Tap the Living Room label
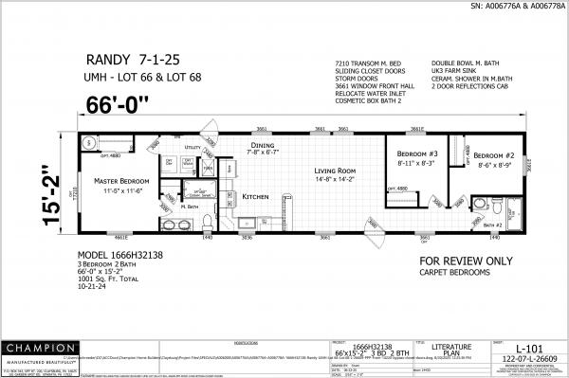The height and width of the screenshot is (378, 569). [336, 171]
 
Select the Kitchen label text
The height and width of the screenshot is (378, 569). [257, 196]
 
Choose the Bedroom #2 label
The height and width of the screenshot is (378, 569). [494, 155]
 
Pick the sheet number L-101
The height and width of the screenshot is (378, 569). [529, 350]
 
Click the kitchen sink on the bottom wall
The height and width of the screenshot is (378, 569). [246, 225]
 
